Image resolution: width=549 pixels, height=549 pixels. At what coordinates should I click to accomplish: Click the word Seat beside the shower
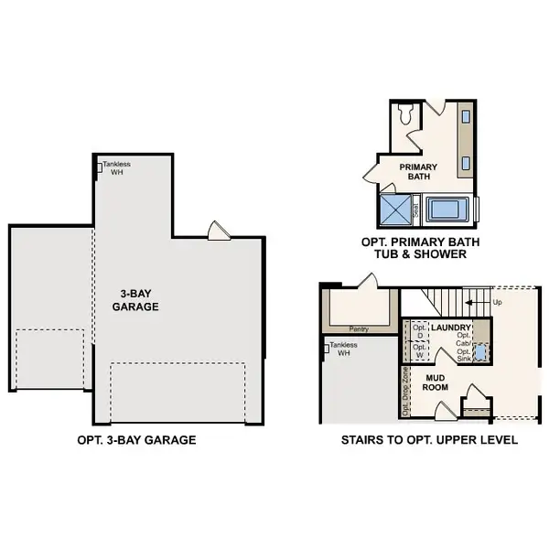(x=416, y=211)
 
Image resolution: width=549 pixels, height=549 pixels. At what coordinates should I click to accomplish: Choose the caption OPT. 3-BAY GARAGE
(x=136, y=440)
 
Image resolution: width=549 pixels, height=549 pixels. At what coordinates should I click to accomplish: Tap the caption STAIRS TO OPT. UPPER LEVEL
(x=429, y=440)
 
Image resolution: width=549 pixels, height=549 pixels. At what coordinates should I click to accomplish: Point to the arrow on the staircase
(x=474, y=301)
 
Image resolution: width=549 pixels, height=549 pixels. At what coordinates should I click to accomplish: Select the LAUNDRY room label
(x=451, y=328)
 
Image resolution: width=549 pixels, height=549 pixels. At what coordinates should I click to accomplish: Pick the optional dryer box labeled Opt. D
(x=419, y=330)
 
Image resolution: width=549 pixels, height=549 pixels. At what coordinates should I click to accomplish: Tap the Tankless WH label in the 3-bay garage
(x=118, y=168)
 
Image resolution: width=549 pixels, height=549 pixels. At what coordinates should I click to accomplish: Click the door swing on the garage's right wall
(x=217, y=230)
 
